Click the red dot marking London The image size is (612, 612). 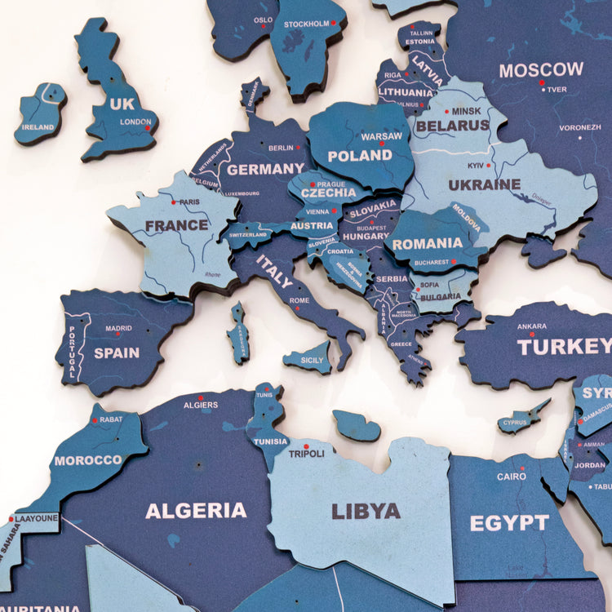[148, 128]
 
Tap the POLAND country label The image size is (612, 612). [360, 155]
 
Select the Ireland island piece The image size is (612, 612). [39, 113]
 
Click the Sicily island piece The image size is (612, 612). [308, 358]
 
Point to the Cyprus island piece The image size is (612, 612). [521, 419]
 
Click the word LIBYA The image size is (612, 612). [366, 512]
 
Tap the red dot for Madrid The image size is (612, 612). [118, 334]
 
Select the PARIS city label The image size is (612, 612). [189, 202]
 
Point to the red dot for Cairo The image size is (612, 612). [512, 466]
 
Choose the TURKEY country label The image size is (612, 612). [564, 346]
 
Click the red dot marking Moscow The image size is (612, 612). [541, 82]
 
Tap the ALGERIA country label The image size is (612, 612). [196, 511]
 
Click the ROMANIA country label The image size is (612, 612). [427, 243]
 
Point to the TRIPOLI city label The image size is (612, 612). [307, 454]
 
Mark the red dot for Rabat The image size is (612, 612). [95, 420]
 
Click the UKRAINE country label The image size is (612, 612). [484, 184]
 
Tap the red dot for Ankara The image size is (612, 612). [531, 334]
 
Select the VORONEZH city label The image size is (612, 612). [580, 127]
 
